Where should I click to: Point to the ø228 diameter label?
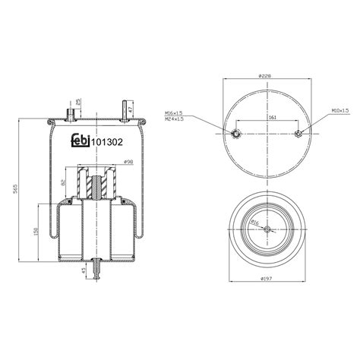(266, 76)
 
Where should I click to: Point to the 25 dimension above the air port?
(79, 103)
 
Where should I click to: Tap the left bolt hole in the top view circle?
(236, 134)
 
